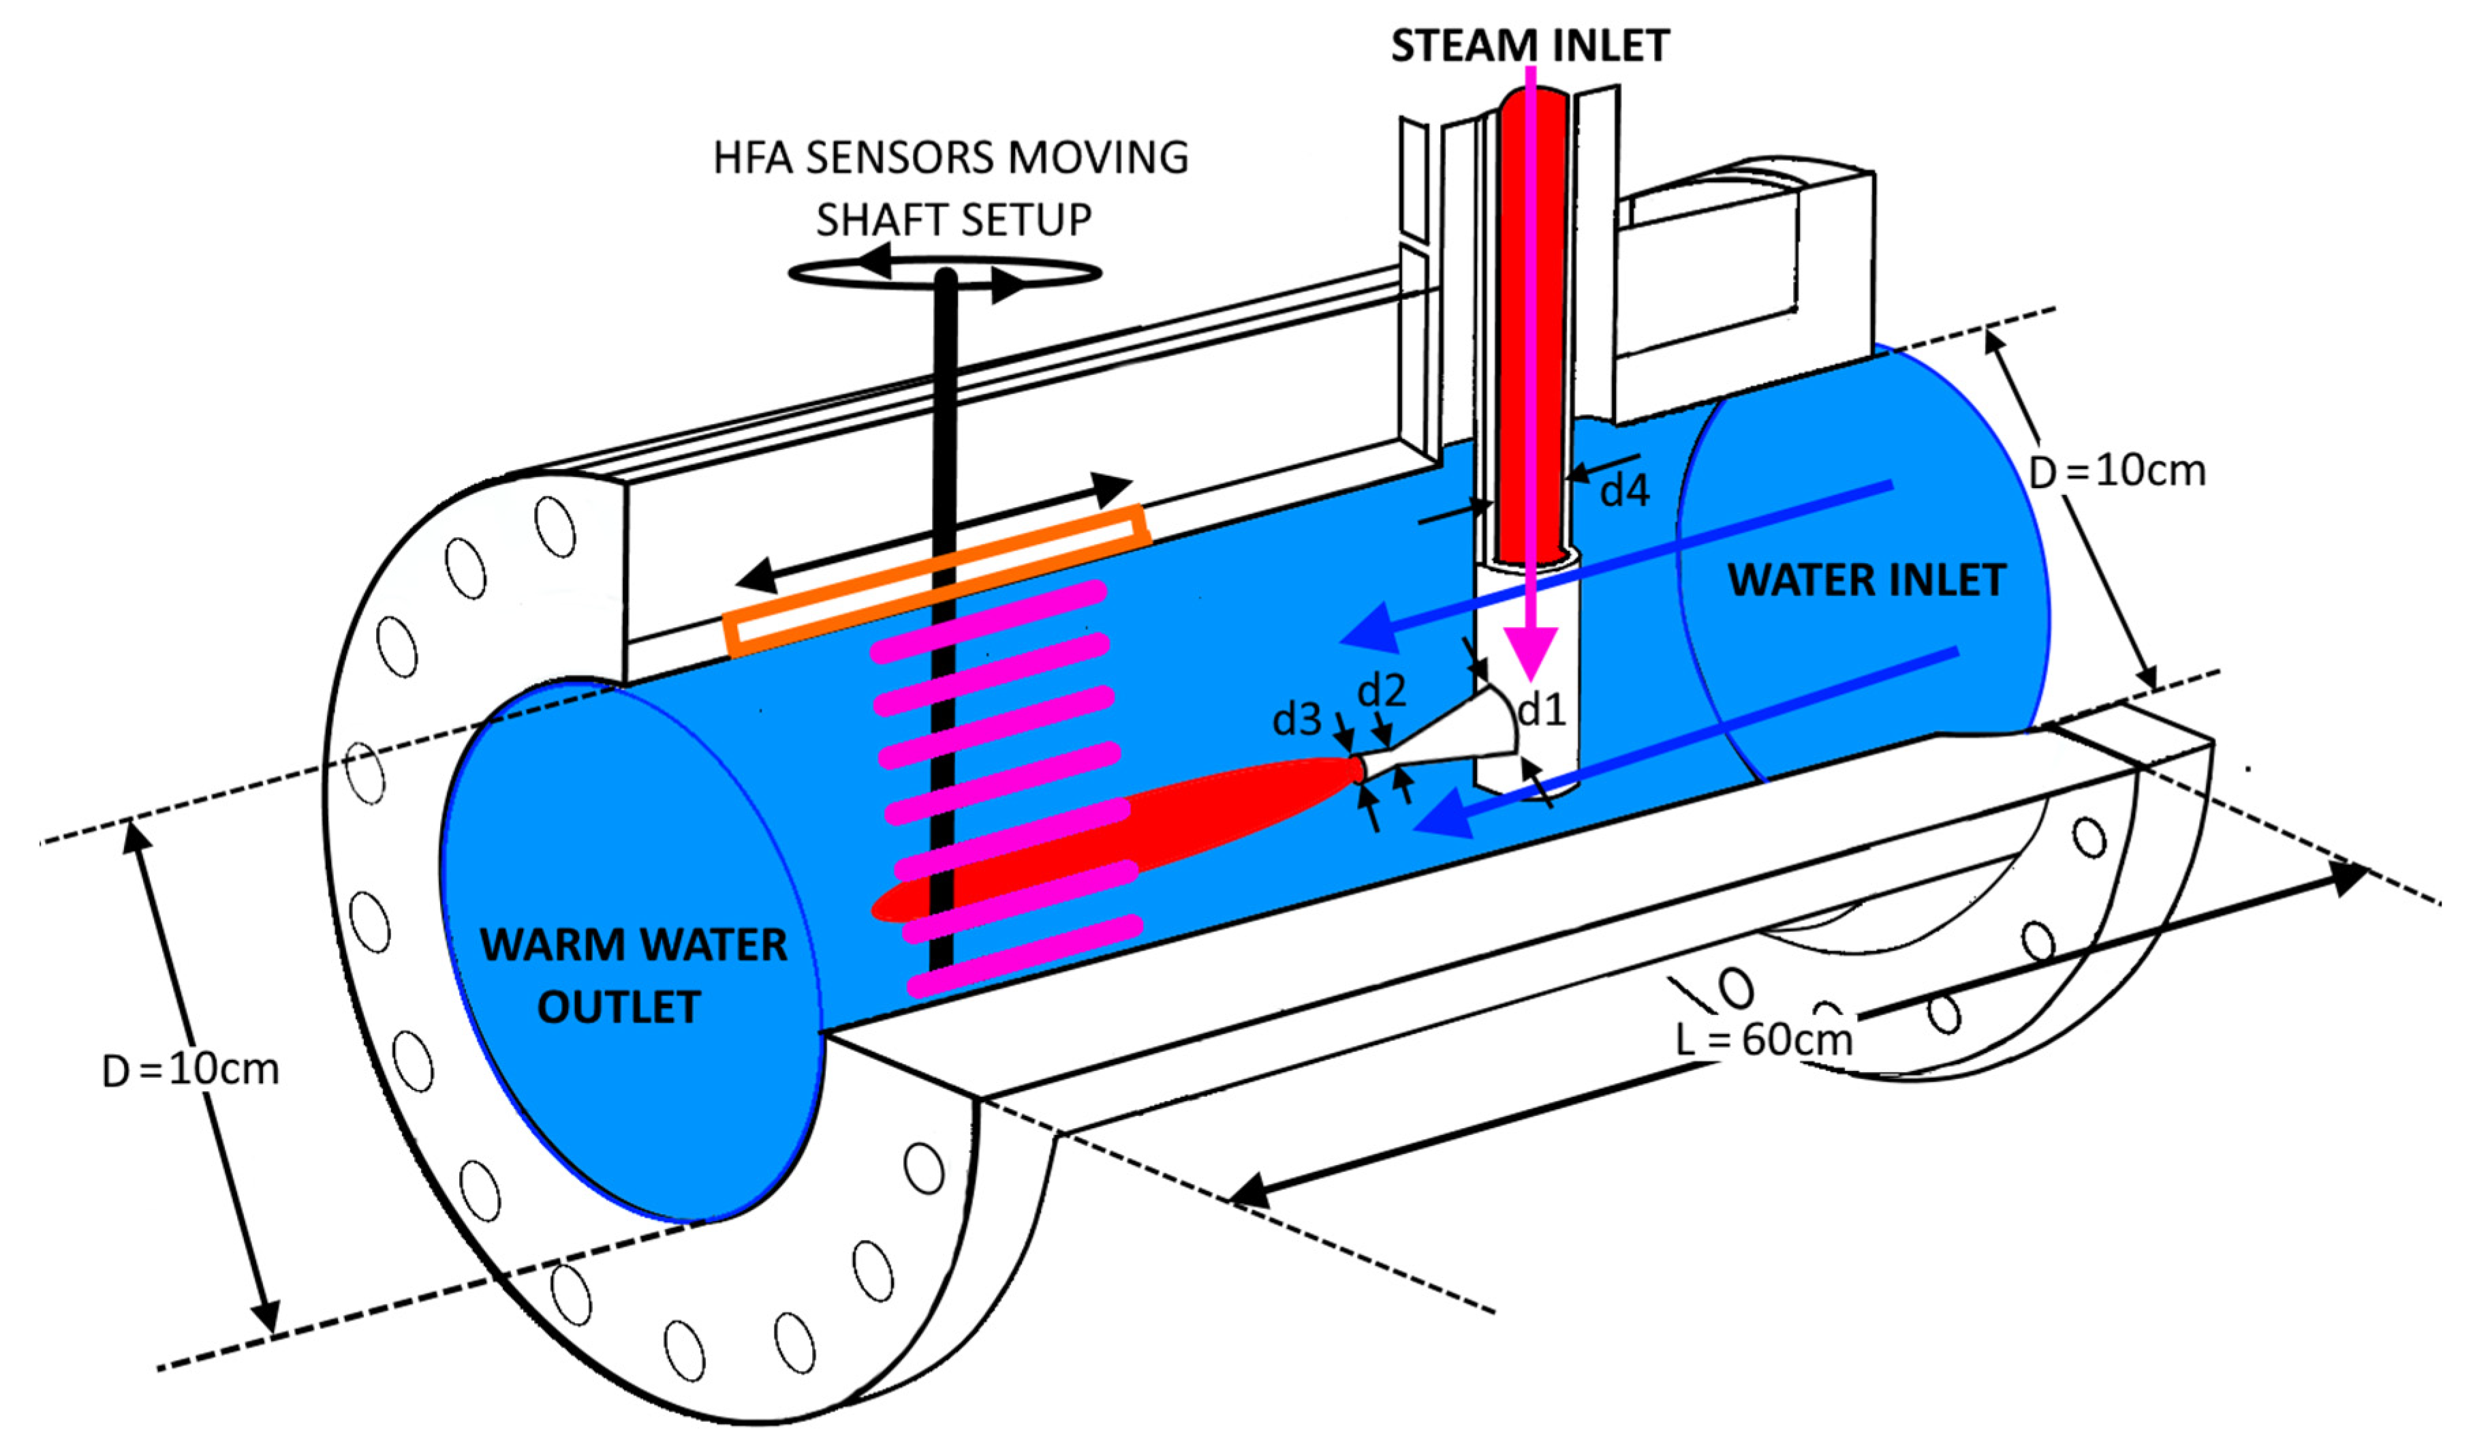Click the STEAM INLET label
[1529, 46]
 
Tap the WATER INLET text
[1865, 579]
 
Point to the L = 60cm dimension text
[1764, 1039]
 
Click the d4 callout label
[1624, 490]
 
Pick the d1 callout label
[1542, 710]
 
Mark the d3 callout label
[1296, 720]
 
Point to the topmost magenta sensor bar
[988, 621]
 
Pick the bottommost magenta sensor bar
[1025, 956]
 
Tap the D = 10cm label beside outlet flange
[191, 1070]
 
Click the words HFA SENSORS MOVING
[950, 158]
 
